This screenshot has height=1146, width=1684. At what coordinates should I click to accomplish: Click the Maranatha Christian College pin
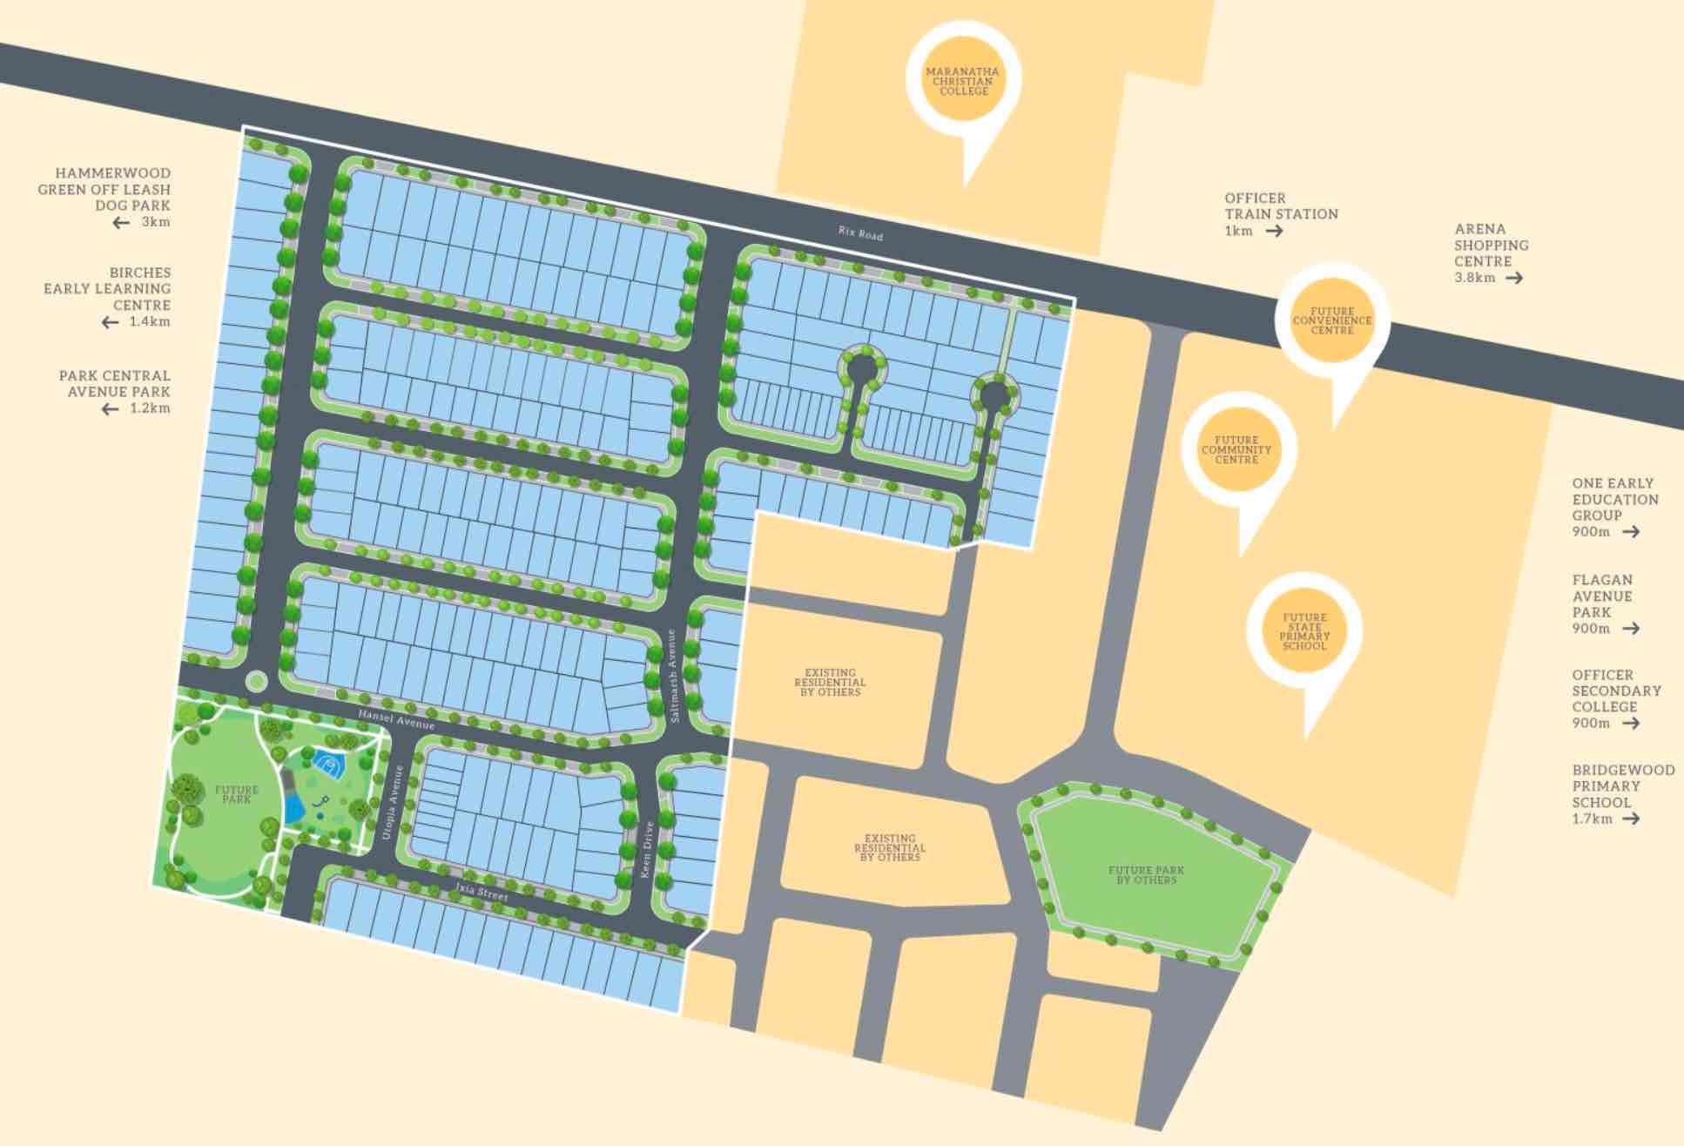962,81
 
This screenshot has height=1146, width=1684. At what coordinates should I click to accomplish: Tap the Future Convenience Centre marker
1331,320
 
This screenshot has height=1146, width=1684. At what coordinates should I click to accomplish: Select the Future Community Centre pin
1236,450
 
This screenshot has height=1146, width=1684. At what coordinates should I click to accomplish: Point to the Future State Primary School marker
1303,631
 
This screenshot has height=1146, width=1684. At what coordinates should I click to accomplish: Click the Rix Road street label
860,233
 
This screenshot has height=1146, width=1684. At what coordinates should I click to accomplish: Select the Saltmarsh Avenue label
673,675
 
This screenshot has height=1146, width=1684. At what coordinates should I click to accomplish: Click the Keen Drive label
647,848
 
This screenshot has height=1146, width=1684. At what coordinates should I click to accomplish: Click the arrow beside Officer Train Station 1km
1274,231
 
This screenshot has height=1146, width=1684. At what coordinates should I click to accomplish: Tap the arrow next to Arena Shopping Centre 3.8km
1514,278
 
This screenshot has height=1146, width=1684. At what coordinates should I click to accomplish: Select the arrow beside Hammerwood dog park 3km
121,223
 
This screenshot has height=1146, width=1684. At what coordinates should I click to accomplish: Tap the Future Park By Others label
1146,875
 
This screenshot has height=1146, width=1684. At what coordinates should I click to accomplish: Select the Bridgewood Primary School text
1622,785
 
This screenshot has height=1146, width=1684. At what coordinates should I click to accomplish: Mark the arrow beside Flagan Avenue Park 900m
1631,628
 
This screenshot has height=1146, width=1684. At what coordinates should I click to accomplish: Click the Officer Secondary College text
1616,691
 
